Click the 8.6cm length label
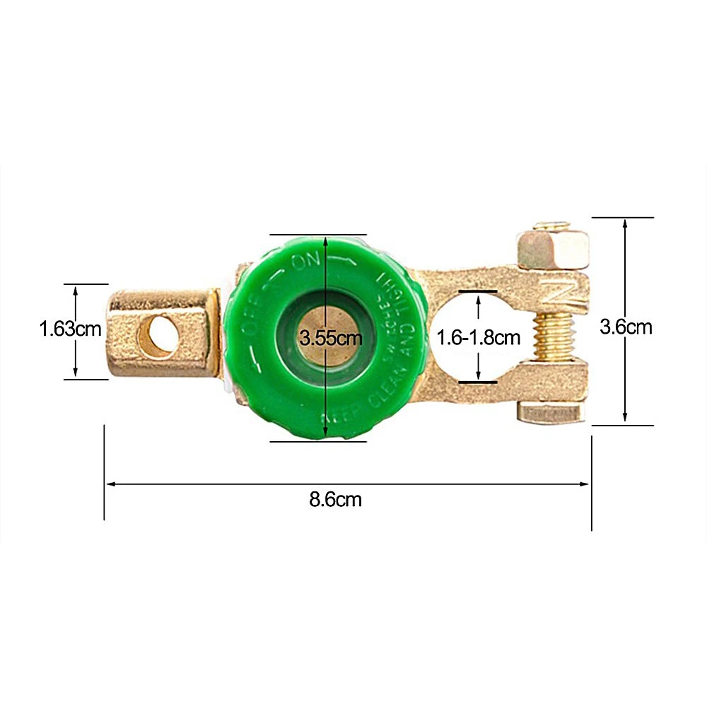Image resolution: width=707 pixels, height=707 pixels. (x=335, y=500)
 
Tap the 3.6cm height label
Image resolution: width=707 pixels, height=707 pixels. (x=626, y=327)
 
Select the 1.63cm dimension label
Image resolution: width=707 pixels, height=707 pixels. (x=70, y=329)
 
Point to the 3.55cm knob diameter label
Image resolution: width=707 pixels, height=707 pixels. (x=331, y=337)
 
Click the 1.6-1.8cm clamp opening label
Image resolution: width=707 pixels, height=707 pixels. (x=479, y=337)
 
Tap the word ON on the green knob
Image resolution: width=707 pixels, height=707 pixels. (x=306, y=262)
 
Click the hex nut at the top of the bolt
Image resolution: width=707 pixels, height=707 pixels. (x=552, y=247)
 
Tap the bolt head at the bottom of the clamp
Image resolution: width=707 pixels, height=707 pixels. (x=552, y=412)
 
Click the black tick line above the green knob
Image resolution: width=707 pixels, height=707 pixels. (x=318, y=234)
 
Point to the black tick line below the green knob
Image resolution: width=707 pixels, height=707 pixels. (x=318, y=441)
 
